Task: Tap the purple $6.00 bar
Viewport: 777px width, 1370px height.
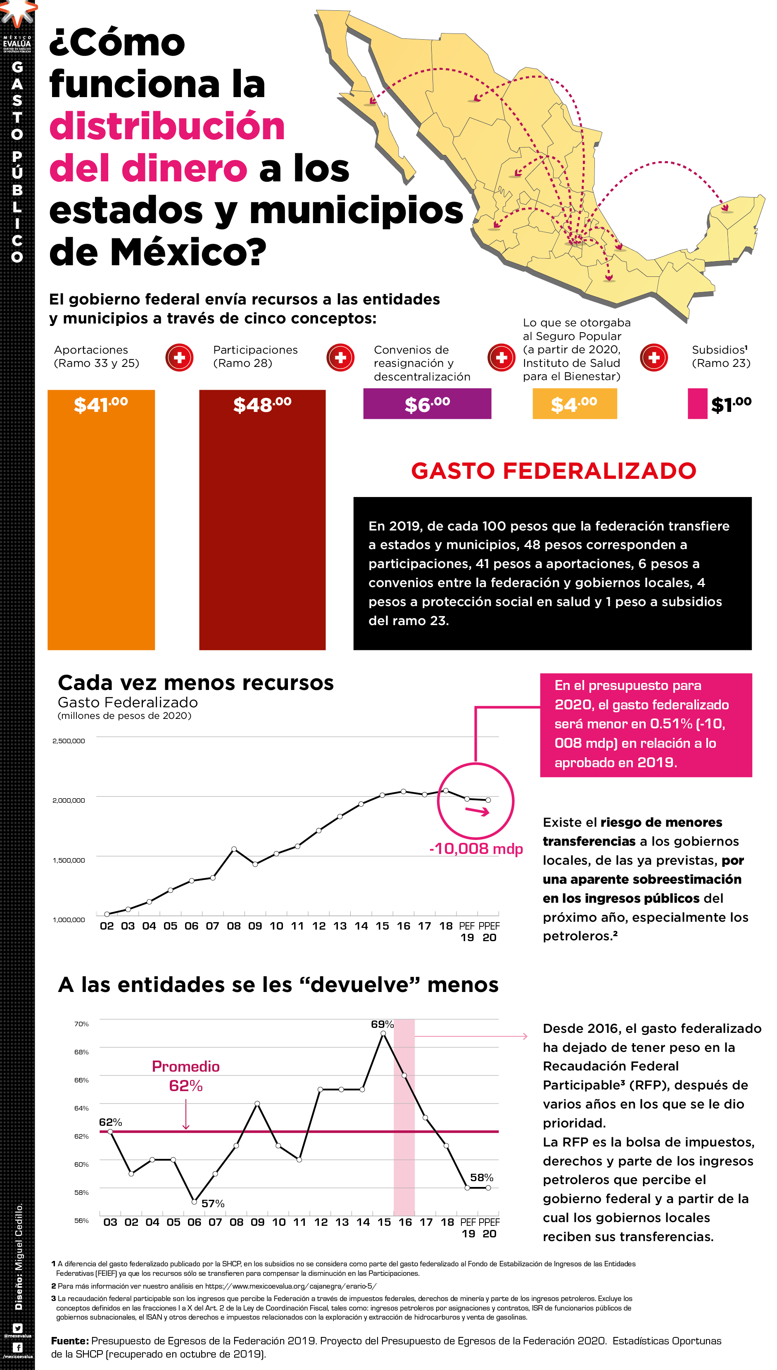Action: click(427, 404)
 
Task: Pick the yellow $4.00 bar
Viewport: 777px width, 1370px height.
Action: click(574, 404)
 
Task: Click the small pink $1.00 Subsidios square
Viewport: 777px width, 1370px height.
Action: click(697, 404)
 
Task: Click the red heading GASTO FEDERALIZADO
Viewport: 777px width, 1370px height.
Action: click(554, 471)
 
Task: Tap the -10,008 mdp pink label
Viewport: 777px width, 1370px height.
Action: click(475, 849)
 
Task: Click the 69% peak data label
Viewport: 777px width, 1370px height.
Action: click(382, 1024)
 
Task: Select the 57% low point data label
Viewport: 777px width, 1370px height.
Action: click(212, 1204)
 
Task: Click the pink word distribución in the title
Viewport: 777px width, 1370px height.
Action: click(167, 126)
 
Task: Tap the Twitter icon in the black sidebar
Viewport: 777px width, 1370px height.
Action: click(17, 1328)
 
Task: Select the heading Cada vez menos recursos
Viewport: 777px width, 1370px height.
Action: click(195, 683)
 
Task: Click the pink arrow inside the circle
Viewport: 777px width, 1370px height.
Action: click(477, 811)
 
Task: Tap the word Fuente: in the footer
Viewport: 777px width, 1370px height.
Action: click(69, 1341)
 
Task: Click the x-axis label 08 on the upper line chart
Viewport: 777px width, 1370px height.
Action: click(234, 926)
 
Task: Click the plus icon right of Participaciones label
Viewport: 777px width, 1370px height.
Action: click(340, 357)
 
